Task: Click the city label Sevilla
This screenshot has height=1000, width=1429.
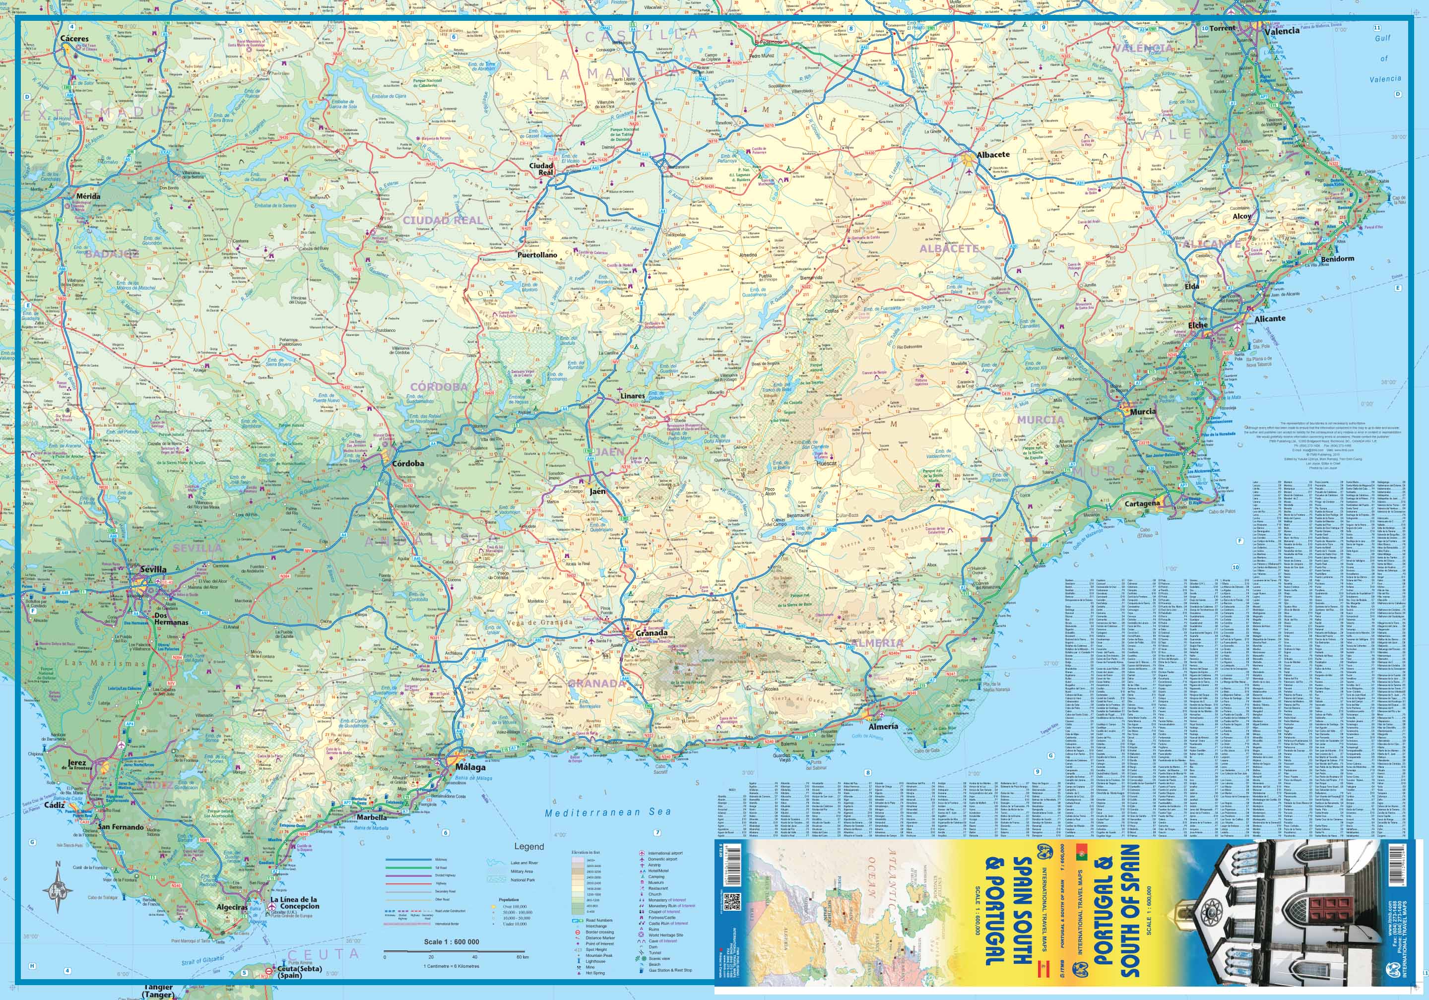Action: coord(153,569)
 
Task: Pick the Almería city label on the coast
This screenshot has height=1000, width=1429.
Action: coord(884,726)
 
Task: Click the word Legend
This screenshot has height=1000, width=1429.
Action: coord(528,846)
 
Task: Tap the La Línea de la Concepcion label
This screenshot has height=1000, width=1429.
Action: coord(294,903)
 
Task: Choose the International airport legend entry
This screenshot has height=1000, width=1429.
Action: coord(670,853)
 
